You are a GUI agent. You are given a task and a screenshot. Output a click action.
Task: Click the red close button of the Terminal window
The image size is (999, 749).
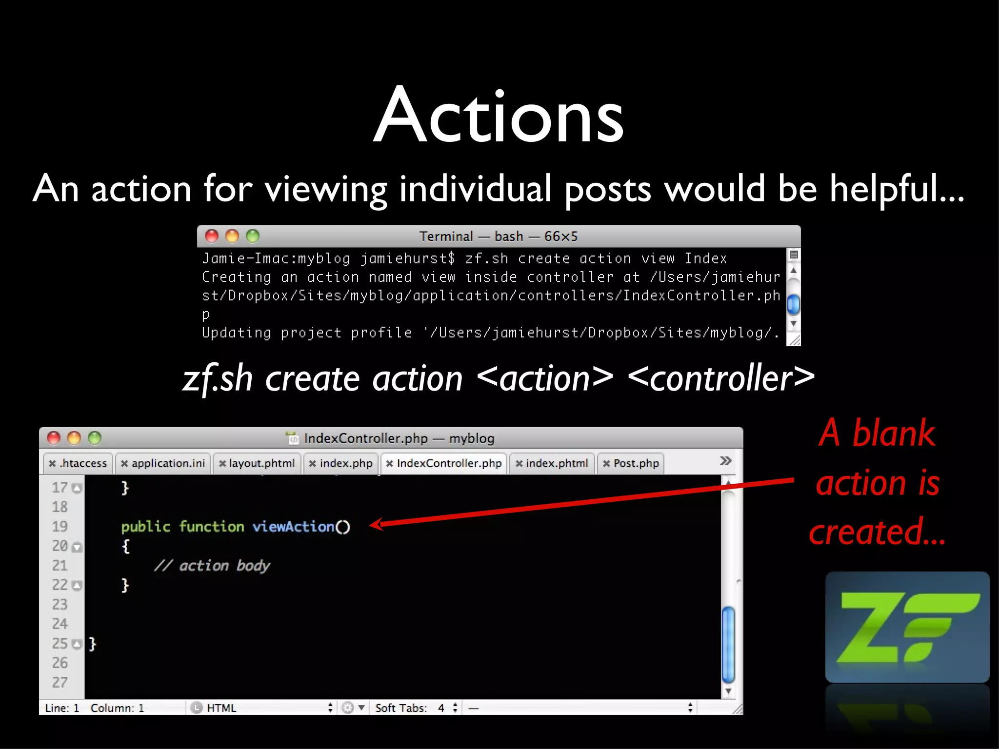212,237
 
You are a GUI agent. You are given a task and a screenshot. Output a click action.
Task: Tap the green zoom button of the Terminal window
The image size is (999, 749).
253,237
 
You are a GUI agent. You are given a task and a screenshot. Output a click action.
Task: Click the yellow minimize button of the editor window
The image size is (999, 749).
74,438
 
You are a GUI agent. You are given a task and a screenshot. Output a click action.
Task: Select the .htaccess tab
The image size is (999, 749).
78,463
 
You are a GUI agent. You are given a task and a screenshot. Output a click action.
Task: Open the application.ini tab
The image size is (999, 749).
163,463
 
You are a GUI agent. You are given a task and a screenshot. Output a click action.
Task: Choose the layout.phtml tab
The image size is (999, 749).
257,463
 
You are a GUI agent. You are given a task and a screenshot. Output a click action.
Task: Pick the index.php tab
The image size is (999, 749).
341,463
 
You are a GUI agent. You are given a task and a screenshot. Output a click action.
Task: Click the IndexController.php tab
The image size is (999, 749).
444,463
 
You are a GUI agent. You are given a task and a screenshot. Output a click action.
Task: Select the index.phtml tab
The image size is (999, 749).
552,463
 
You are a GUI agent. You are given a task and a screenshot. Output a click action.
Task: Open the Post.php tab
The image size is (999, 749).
631,463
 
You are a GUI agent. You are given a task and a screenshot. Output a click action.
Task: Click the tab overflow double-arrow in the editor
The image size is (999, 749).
725,461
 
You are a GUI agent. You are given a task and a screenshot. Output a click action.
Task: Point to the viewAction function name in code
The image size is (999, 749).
293,527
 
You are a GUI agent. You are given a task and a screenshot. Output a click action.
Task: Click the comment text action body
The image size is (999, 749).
224,566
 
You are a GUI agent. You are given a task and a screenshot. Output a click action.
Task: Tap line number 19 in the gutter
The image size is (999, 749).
60,527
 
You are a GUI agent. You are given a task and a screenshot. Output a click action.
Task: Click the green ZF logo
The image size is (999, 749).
907,628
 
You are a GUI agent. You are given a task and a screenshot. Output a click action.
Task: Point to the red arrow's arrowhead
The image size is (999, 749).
376,525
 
